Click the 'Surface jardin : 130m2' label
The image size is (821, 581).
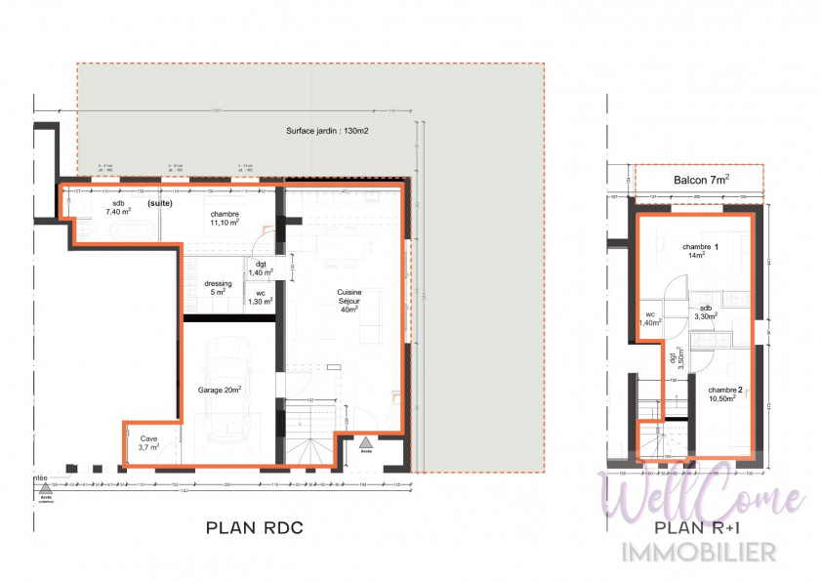click(x=326, y=130)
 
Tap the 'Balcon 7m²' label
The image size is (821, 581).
click(x=698, y=180)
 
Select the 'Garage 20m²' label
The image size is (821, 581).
click(x=221, y=389)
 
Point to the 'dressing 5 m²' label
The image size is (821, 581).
click(x=218, y=288)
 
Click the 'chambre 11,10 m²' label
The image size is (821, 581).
click(x=224, y=219)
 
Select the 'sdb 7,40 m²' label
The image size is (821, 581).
click(x=119, y=208)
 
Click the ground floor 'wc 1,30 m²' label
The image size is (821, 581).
click(x=260, y=297)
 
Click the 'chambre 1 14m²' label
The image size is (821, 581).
click(x=700, y=251)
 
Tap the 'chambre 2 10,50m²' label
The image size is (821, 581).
click(x=725, y=394)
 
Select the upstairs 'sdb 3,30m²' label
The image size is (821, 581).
click(x=706, y=311)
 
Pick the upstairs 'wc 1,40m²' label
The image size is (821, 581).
click(x=650, y=318)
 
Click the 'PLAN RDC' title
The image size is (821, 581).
click(x=255, y=528)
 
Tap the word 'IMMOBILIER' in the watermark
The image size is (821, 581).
click(x=700, y=552)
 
